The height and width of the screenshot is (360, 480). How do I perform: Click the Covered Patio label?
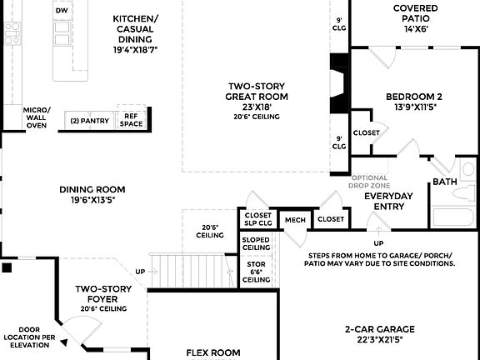click(415, 18)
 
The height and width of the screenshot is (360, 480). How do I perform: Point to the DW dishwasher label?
click(61, 10)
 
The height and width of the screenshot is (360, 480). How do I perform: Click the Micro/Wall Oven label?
click(36, 117)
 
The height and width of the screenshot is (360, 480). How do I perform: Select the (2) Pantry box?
click(89, 121)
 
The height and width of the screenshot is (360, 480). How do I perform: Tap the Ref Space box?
click(131, 120)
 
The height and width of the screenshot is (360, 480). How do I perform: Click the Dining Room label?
click(92, 194)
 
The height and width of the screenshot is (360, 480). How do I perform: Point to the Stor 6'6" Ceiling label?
click(256, 272)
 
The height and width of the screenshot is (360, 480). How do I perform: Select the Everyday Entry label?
click(388, 201)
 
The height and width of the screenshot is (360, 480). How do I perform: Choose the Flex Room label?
click(212, 352)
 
